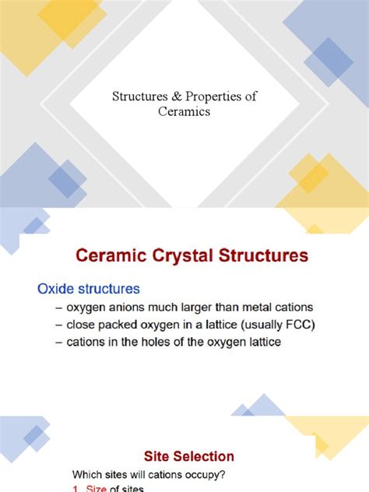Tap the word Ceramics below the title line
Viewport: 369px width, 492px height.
(184, 111)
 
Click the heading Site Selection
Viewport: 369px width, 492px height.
(189, 456)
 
